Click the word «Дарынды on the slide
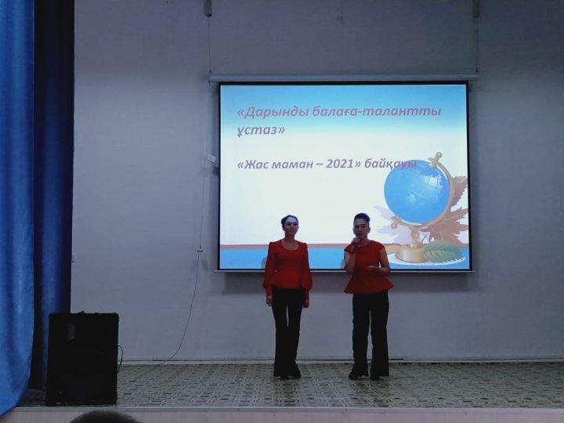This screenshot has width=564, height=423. point(273,112)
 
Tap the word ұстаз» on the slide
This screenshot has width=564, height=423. point(261,129)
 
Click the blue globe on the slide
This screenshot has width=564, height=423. point(417,192)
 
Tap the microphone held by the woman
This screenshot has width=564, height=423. point(353,246)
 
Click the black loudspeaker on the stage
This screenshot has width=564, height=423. point(83,358)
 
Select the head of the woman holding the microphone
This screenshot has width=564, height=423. point(361,226)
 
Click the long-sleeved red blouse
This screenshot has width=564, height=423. point(287,266)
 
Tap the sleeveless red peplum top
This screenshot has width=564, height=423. point(367,268)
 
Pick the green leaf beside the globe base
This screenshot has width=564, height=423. point(442,251)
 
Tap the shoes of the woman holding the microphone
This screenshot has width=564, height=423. point(364,374)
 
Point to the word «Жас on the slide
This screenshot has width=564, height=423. point(254,164)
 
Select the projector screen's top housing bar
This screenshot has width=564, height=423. point(344,78)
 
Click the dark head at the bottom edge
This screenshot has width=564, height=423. point(104,418)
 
